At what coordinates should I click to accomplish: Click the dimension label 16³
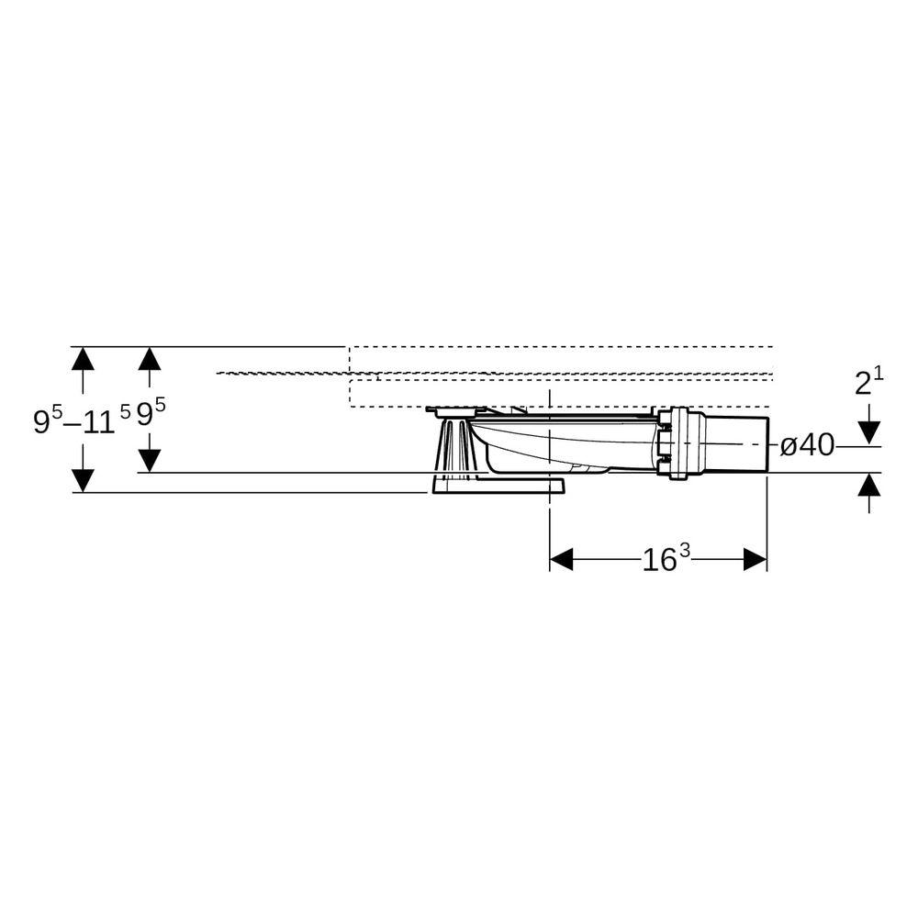click(666, 558)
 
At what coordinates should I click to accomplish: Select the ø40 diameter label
click(807, 446)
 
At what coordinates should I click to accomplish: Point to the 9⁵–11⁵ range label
click(82, 419)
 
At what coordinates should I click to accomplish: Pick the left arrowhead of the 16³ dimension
click(561, 559)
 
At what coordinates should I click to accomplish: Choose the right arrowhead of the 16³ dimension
click(756, 559)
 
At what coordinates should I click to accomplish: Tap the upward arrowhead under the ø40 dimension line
click(870, 485)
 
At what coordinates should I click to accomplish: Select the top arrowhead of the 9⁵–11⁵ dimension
click(84, 358)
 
